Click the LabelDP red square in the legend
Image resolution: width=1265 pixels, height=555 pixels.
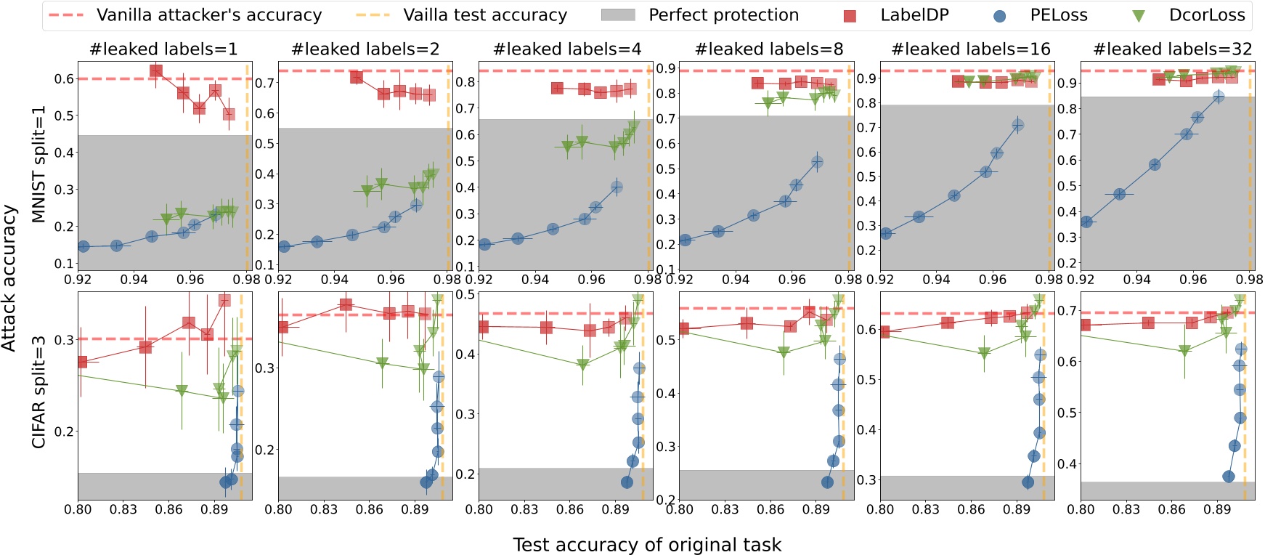click(x=849, y=15)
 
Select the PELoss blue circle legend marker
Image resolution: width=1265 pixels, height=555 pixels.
click(x=1000, y=15)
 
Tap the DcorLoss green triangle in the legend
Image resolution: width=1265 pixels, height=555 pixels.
click(x=1139, y=15)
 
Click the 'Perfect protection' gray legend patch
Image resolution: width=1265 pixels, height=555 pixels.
click(x=618, y=15)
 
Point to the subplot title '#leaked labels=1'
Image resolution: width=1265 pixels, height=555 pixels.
click(x=163, y=49)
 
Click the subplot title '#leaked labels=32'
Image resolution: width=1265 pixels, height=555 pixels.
click(x=1172, y=49)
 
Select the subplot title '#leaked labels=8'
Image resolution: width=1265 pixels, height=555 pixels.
click(x=769, y=49)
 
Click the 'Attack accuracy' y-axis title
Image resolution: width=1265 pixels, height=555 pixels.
click(x=9, y=278)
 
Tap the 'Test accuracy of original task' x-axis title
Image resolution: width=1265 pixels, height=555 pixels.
click(x=647, y=545)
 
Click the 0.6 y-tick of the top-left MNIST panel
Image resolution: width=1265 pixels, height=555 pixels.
click(x=65, y=78)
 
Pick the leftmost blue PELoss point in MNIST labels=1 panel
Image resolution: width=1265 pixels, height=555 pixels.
click(x=84, y=247)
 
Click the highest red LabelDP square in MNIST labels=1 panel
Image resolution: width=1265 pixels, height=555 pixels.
click(x=155, y=71)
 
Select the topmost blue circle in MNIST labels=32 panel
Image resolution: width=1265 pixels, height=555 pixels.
click(x=1219, y=97)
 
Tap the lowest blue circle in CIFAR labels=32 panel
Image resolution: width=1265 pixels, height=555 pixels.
click(x=1229, y=477)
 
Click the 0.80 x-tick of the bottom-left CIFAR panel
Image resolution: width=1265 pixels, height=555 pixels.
click(x=78, y=509)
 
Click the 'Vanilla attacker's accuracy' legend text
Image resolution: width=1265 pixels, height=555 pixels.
click(x=209, y=15)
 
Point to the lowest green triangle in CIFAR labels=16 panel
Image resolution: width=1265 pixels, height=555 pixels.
click(x=984, y=354)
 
